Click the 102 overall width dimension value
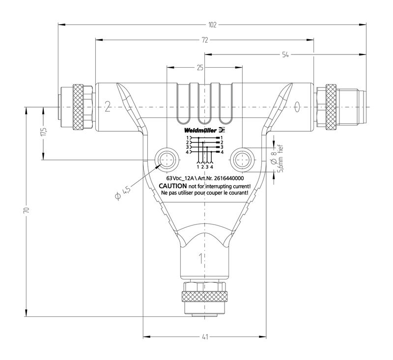[x=212, y=25]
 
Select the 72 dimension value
[x=205, y=40]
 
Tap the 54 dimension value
[x=285, y=55]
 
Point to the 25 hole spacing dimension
[x=200, y=67]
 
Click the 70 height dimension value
[x=26, y=210]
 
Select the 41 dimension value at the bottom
[x=205, y=337]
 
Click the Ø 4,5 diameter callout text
[x=122, y=193]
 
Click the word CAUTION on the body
[x=173, y=186]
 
